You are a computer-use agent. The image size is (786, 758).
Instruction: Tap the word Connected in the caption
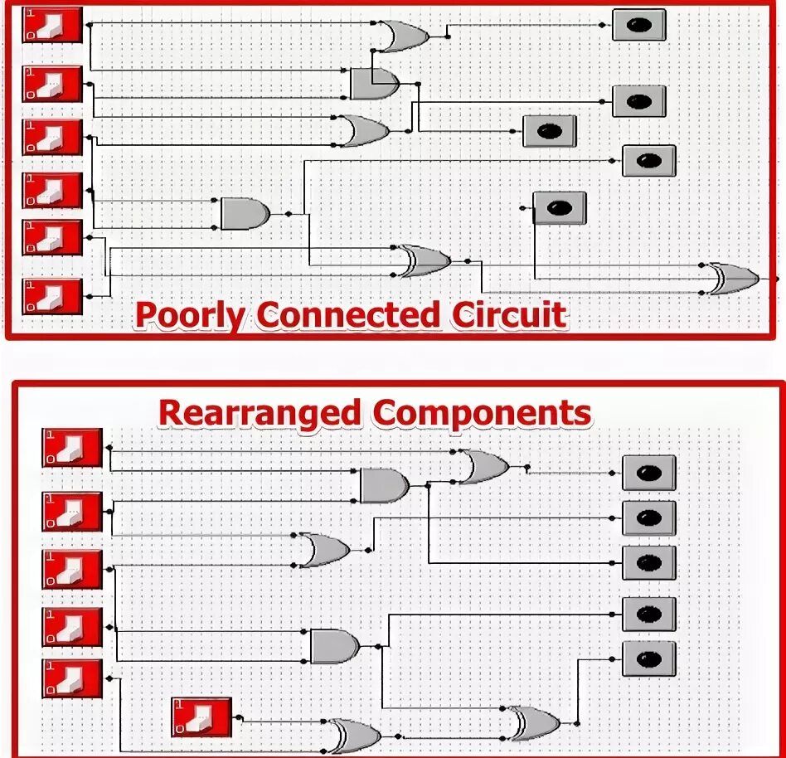click(x=347, y=315)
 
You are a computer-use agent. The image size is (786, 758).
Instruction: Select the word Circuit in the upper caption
click(x=508, y=315)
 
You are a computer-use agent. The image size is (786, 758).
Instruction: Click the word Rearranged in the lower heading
click(x=260, y=412)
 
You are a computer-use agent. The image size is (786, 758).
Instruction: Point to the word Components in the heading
click(x=482, y=412)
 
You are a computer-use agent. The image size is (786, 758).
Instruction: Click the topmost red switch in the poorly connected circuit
click(x=51, y=25)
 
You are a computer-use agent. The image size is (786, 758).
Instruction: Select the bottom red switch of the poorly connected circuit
click(x=51, y=296)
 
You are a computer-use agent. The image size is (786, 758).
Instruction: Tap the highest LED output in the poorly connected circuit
click(x=638, y=25)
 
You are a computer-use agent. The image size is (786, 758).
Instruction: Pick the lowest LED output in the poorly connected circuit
click(x=559, y=208)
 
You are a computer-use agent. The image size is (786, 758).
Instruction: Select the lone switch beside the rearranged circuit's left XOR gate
click(x=201, y=717)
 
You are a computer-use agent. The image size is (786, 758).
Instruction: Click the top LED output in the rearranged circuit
click(x=648, y=473)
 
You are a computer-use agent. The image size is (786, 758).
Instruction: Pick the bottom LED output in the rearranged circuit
click(x=648, y=658)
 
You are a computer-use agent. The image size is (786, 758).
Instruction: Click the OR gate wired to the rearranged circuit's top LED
click(x=483, y=467)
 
